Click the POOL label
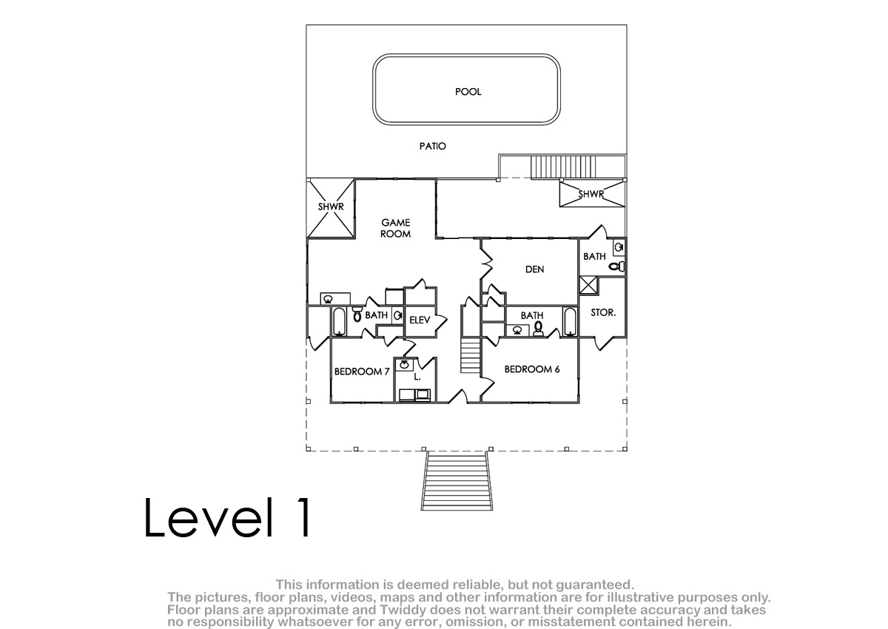pyautogui.click(x=468, y=92)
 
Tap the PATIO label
pyautogui.click(x=432, y=147)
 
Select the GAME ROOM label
pyautogui.click(x=395, y=229)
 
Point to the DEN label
pyautogui.click(x=534, y=269)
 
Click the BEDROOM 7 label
pyautogui.click(x=362, y=371)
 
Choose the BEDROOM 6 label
pyautogui.click(x=532, y=369)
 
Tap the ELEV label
pyautogui.click(x=420, y=320)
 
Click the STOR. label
pyautogui.click(x=603, y=313)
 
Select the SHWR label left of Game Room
pyautogui.click(x=331, y=206)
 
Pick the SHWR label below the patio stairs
pyautogui.click(x=591, y=194)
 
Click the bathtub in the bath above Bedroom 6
pyautogui.click(x=570, y=321)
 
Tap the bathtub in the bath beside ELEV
pyautogui.click(x=340, y=321)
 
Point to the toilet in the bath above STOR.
pyautogui.click(x=616, y=266)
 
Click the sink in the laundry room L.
pyautogui.click(x=404, y=365)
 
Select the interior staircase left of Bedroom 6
pyautogui.click(x=471, y=354)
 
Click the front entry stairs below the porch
pyautogui.click(x=457, y=481)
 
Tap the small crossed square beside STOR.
pyautogui.click(x=588, y=285)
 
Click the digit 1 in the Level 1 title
pyautogui.click(x=303, y=517)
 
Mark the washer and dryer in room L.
pyautogui.click(x=414, y=394)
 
